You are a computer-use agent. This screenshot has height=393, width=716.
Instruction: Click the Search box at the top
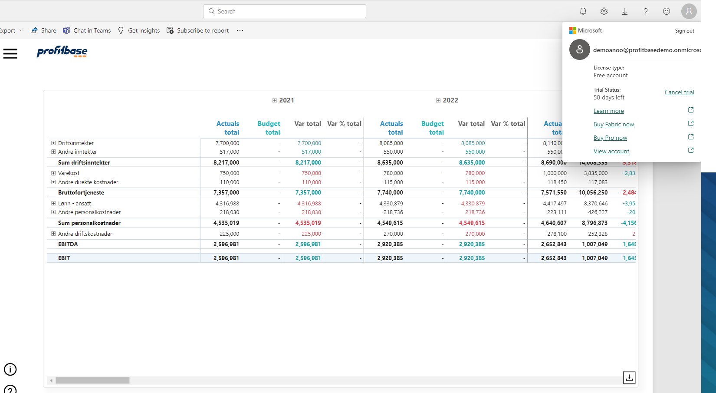point(284,11)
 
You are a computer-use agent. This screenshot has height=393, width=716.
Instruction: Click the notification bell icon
point(583,11)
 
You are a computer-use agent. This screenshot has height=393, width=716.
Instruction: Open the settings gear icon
point(604,11)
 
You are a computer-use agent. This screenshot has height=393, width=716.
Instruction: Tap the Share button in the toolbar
point(43,30)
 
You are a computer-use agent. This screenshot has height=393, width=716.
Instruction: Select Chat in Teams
point(87,30)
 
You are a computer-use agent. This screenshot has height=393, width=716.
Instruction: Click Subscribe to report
point(198,30)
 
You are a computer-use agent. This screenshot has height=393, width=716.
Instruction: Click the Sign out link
point(684,31)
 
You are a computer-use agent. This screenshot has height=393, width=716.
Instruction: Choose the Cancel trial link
point(679,92)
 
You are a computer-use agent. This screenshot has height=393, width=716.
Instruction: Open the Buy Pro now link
point(610,138)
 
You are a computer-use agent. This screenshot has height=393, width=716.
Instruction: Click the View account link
point(611,151)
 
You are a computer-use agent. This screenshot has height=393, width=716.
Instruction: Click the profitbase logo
point(62,52)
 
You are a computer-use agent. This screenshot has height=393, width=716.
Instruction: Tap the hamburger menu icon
point(10,53)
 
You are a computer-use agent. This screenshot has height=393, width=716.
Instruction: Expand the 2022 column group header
point(438,100)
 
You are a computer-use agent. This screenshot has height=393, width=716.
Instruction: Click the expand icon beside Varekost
point(53,173)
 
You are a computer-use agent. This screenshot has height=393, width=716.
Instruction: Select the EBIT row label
point(64,258)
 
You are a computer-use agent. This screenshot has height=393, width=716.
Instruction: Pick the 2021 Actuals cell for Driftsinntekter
point(227,143)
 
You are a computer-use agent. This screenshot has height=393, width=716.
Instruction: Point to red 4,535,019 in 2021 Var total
point(308,223)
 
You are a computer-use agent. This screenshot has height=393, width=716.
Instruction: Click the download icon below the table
point(629,377)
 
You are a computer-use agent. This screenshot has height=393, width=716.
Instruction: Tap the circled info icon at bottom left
point(10,369)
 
